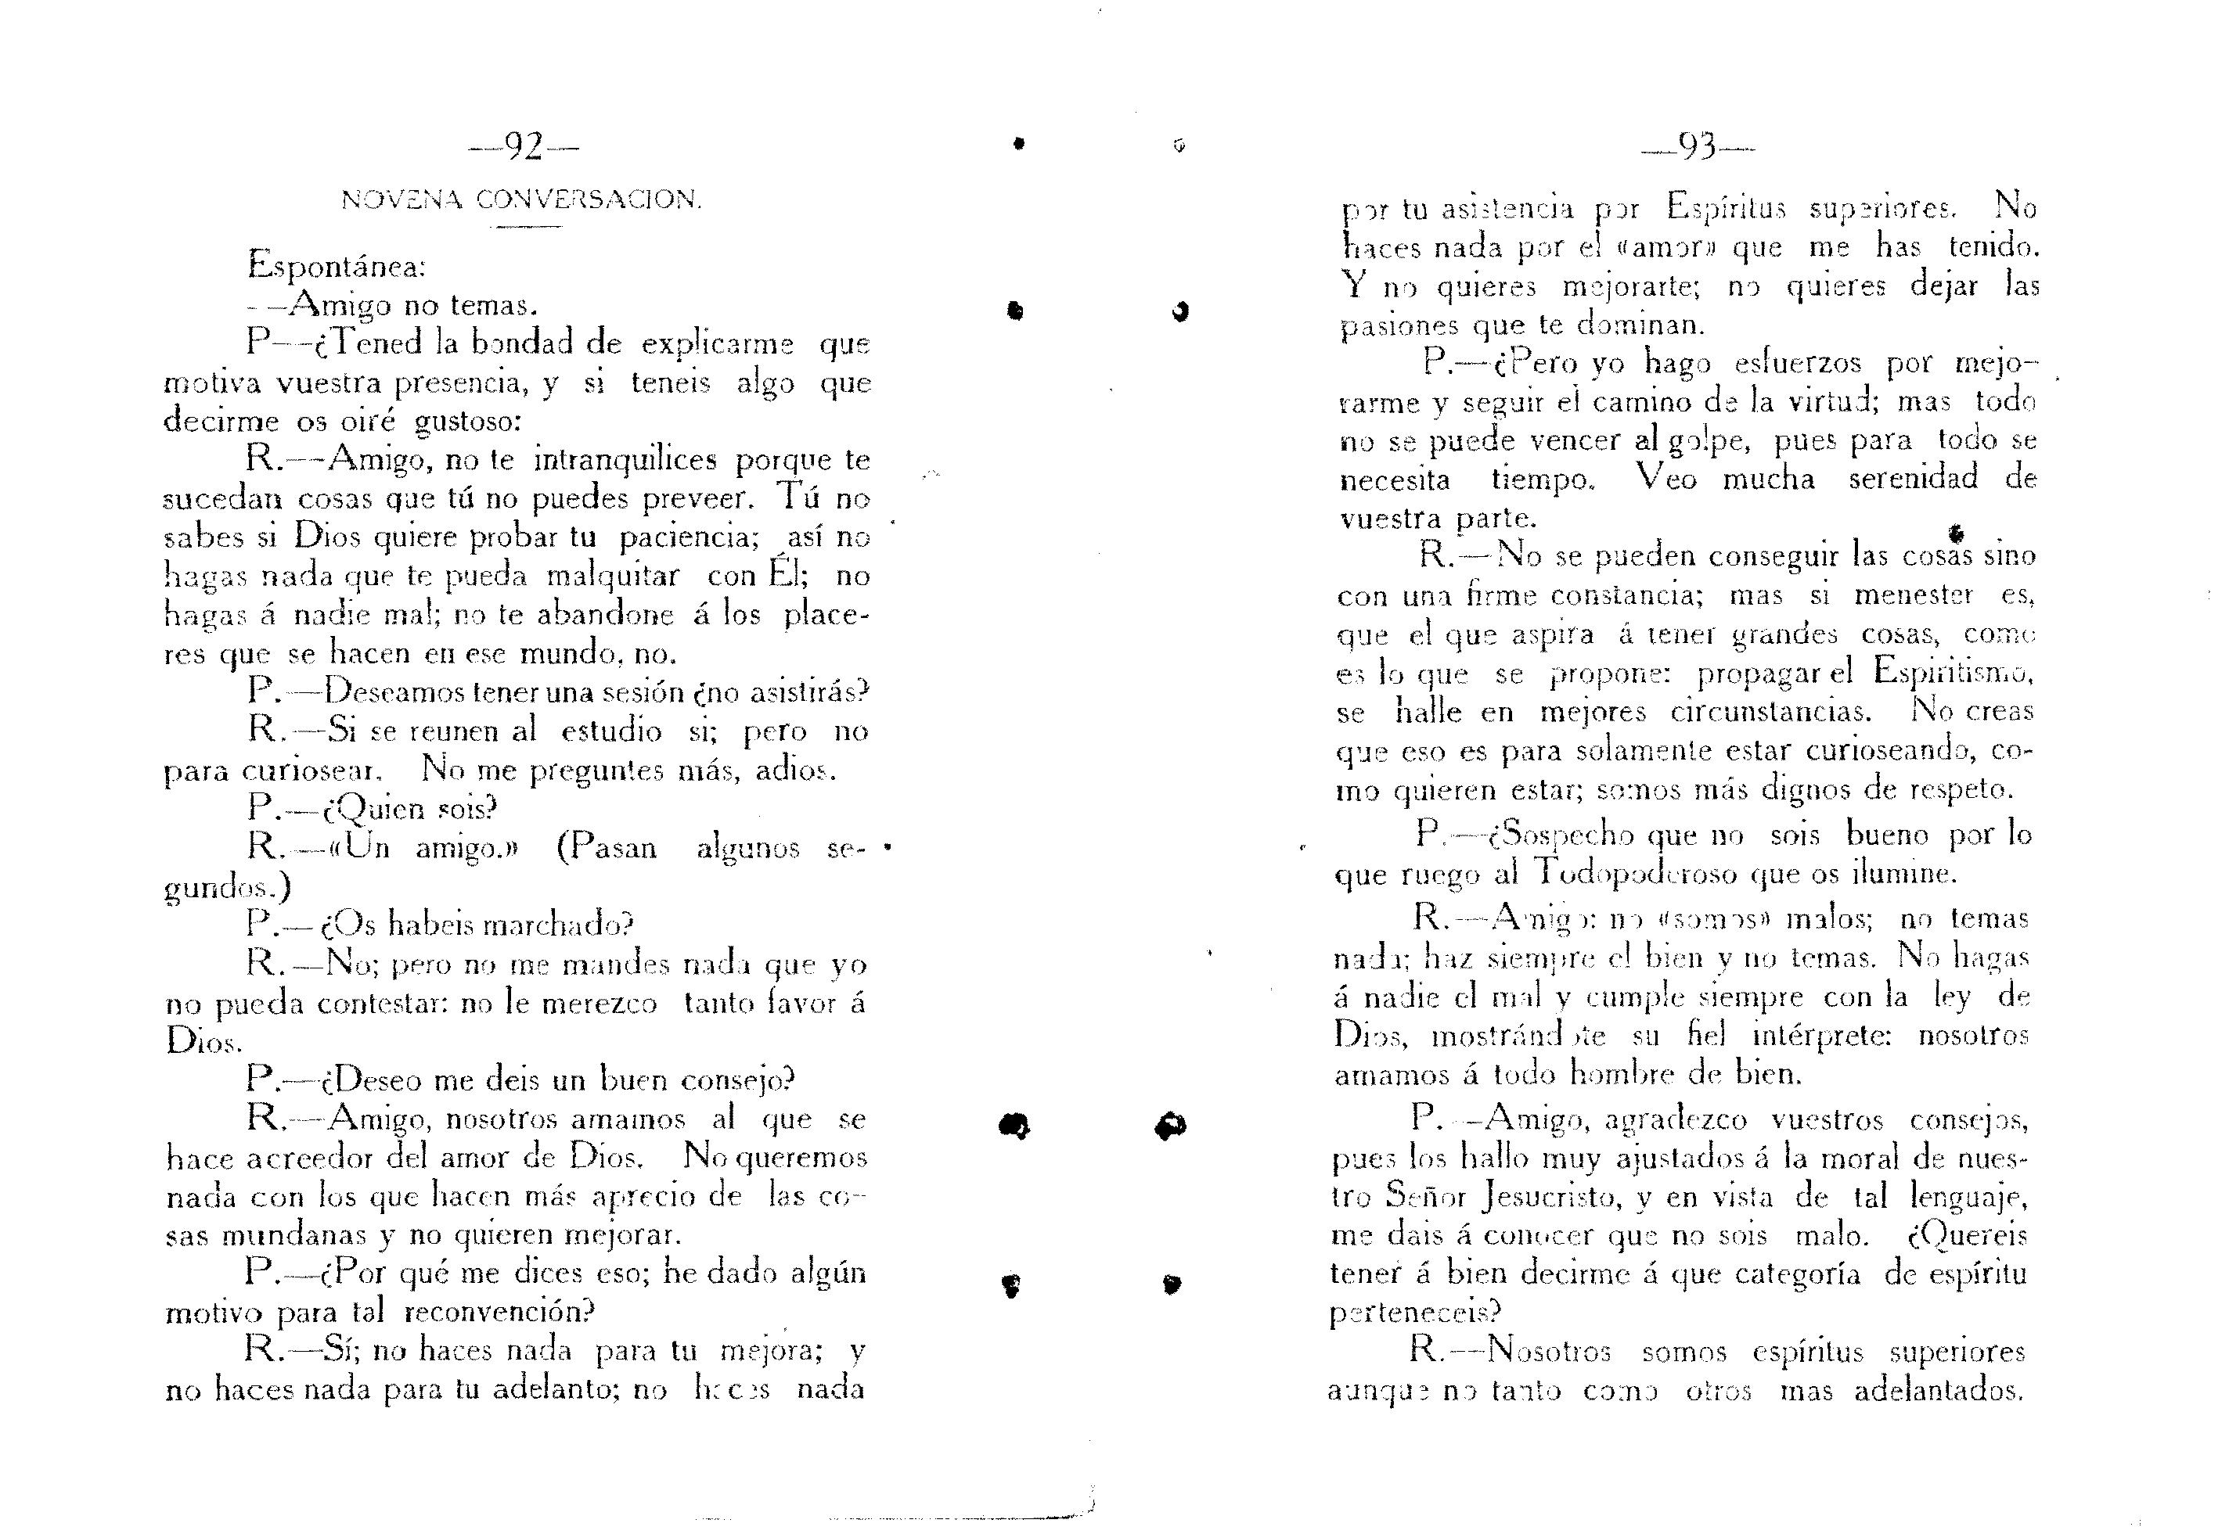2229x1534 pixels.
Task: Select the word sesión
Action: [653, 693]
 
